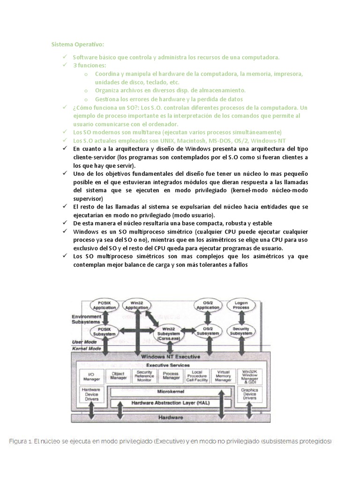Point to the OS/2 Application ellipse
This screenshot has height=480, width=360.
208,305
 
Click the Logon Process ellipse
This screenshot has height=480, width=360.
241,305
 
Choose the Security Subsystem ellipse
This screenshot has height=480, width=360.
241,331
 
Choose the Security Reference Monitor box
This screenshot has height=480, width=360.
144,376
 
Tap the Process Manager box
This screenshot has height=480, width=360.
171,376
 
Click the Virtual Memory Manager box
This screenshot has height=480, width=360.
223,376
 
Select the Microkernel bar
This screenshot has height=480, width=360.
170,391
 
